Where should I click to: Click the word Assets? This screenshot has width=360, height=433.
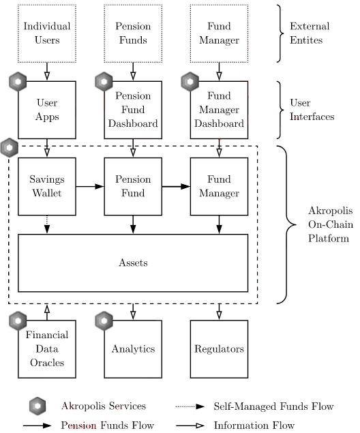[133, 263]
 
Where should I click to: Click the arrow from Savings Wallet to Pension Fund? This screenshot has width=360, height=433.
[90, 186]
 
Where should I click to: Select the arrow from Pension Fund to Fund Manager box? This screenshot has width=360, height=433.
[176, 186]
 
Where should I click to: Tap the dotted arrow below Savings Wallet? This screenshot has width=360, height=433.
[47, 224]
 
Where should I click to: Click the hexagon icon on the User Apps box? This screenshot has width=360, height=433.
[18, 81]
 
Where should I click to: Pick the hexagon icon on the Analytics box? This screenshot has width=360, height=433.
[104, 320]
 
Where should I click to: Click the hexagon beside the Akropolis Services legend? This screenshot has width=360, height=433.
[37, 406]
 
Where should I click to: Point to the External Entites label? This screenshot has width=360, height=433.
[310, 33]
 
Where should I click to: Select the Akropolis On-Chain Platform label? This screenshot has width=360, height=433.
[331, 224]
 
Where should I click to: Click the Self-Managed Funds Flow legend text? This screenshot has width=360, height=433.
[273, 406]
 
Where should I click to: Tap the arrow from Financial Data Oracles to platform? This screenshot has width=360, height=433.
[47, 312]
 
